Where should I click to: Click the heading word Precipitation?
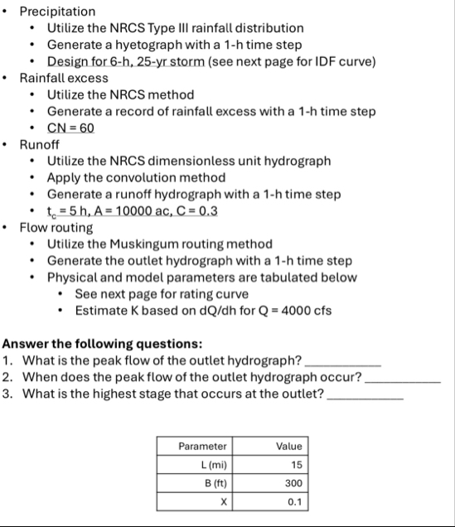click(57, 12)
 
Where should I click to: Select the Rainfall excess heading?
click(64, 78)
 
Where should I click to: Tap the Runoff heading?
click(41, 144)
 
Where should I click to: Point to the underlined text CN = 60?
click(70, 128)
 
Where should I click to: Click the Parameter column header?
click(203, 446)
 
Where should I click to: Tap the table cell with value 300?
click(288, 482)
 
